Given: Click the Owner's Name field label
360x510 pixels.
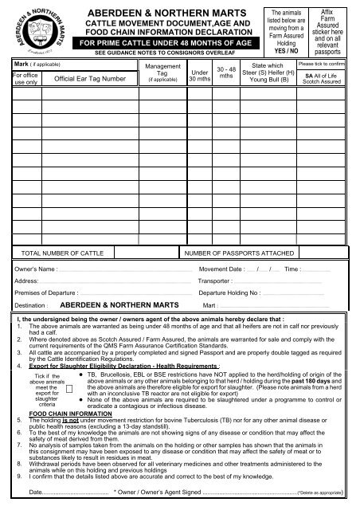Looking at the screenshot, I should [x=39, y=270].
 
